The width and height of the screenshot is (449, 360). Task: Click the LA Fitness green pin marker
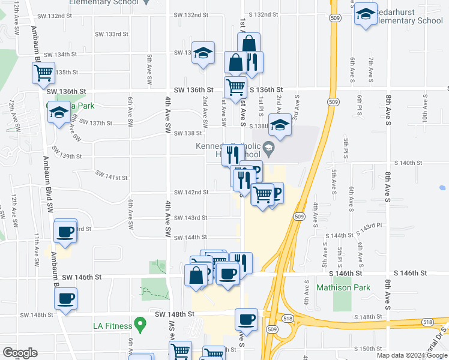click(140, 325)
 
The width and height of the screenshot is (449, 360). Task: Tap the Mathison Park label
click(340, 287)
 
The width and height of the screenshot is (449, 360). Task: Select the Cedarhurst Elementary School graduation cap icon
click(365, 15)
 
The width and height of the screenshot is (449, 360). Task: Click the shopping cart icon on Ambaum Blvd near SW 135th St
click(44, 73)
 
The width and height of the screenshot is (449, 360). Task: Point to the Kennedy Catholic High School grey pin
click(268, 148)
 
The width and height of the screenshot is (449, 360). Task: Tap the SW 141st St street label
click(112, 176)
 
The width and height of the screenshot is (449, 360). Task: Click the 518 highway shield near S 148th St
click(427, 322)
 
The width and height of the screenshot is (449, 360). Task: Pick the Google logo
click(20, 353)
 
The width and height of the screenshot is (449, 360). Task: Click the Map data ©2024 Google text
click(411, 355)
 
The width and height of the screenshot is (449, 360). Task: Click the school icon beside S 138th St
click(280, 125)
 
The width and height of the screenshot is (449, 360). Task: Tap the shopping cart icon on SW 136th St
click(235, 86)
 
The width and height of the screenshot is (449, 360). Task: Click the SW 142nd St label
click(191, 192)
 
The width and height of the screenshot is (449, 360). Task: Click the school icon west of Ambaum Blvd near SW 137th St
click(59, 113)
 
